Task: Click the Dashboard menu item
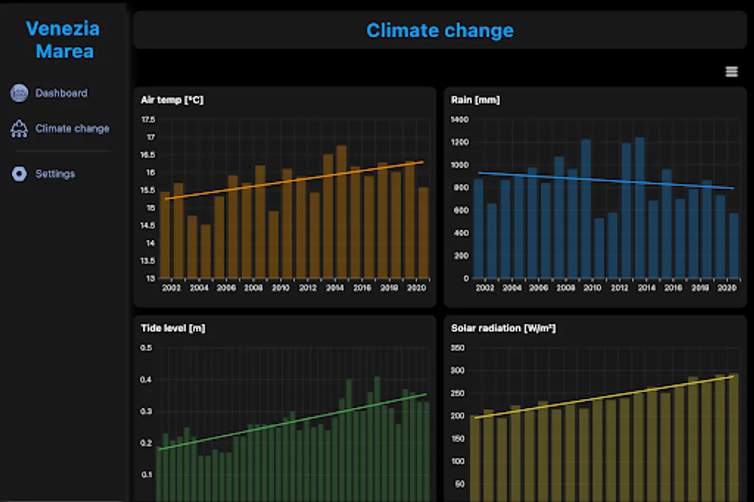tap(61, 93)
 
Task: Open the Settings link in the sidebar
tap(55, 174)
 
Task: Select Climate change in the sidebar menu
tap(72, 129)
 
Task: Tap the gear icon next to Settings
tap(19, 174)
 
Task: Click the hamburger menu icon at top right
tap(731, 72)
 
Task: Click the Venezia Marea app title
tap(63, 40)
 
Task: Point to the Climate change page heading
tap(440, 31)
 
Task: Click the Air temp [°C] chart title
tap(172, 100)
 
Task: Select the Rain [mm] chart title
tap(475, 100)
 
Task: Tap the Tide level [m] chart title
tap(172, 328)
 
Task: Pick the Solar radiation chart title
tap(503, 328)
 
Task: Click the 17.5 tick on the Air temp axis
tap(148, 119)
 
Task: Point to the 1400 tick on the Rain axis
tap(459, 119)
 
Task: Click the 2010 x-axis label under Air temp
tap(280, 288)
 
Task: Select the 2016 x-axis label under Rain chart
tap(673, 288)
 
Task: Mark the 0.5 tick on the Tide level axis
tap(146, 347)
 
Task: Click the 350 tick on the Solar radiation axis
tap(457, 347)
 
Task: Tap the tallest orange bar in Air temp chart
tap(342, 212)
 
